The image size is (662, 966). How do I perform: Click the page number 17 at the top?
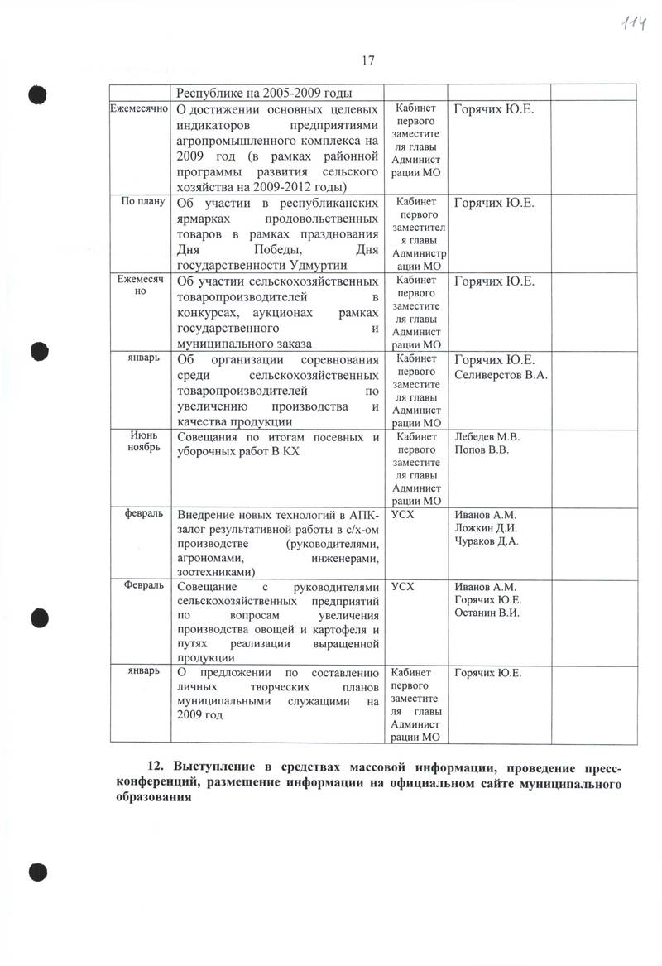coord(368,60)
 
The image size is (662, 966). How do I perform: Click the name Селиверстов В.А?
coord(503,374)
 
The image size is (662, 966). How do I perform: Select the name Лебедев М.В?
coord(487,436)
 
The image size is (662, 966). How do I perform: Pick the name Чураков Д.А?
coord(487,542)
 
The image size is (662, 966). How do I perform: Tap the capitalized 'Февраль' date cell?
coord(143,585)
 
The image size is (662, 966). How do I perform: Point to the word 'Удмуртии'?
coord(339,265)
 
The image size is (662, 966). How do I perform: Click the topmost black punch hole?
coord(37,94)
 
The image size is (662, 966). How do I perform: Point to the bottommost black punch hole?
coord(37,870)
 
